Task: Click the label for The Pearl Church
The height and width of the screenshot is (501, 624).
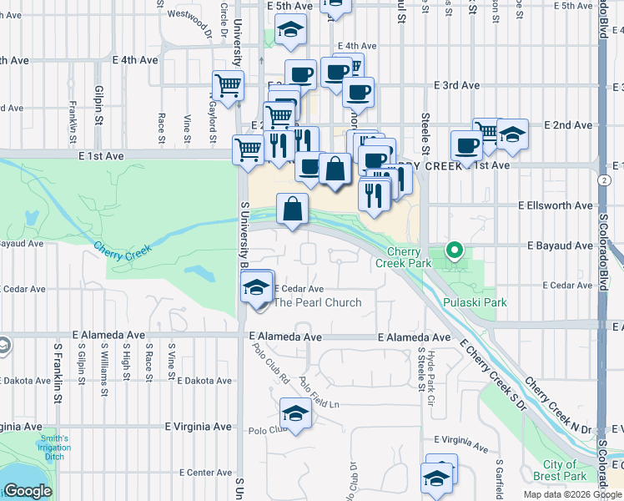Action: pyautogui.click(x=318, y=302)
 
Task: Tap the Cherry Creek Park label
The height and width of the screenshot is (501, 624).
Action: pyautogui.click(x=410, y=257)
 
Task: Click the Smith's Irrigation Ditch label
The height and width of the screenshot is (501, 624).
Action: pyautogui.click(x=54, y=443)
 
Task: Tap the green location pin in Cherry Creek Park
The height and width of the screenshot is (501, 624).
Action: pyautogui.click(x=454, y=249)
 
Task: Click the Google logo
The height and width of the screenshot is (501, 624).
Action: pyautogui.click(x=28, y=491)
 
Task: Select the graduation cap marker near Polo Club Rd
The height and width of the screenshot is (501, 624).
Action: pyautogui.click(x=294, y=414)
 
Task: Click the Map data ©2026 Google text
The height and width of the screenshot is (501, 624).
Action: pyautogui.click(x=572, y=494)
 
